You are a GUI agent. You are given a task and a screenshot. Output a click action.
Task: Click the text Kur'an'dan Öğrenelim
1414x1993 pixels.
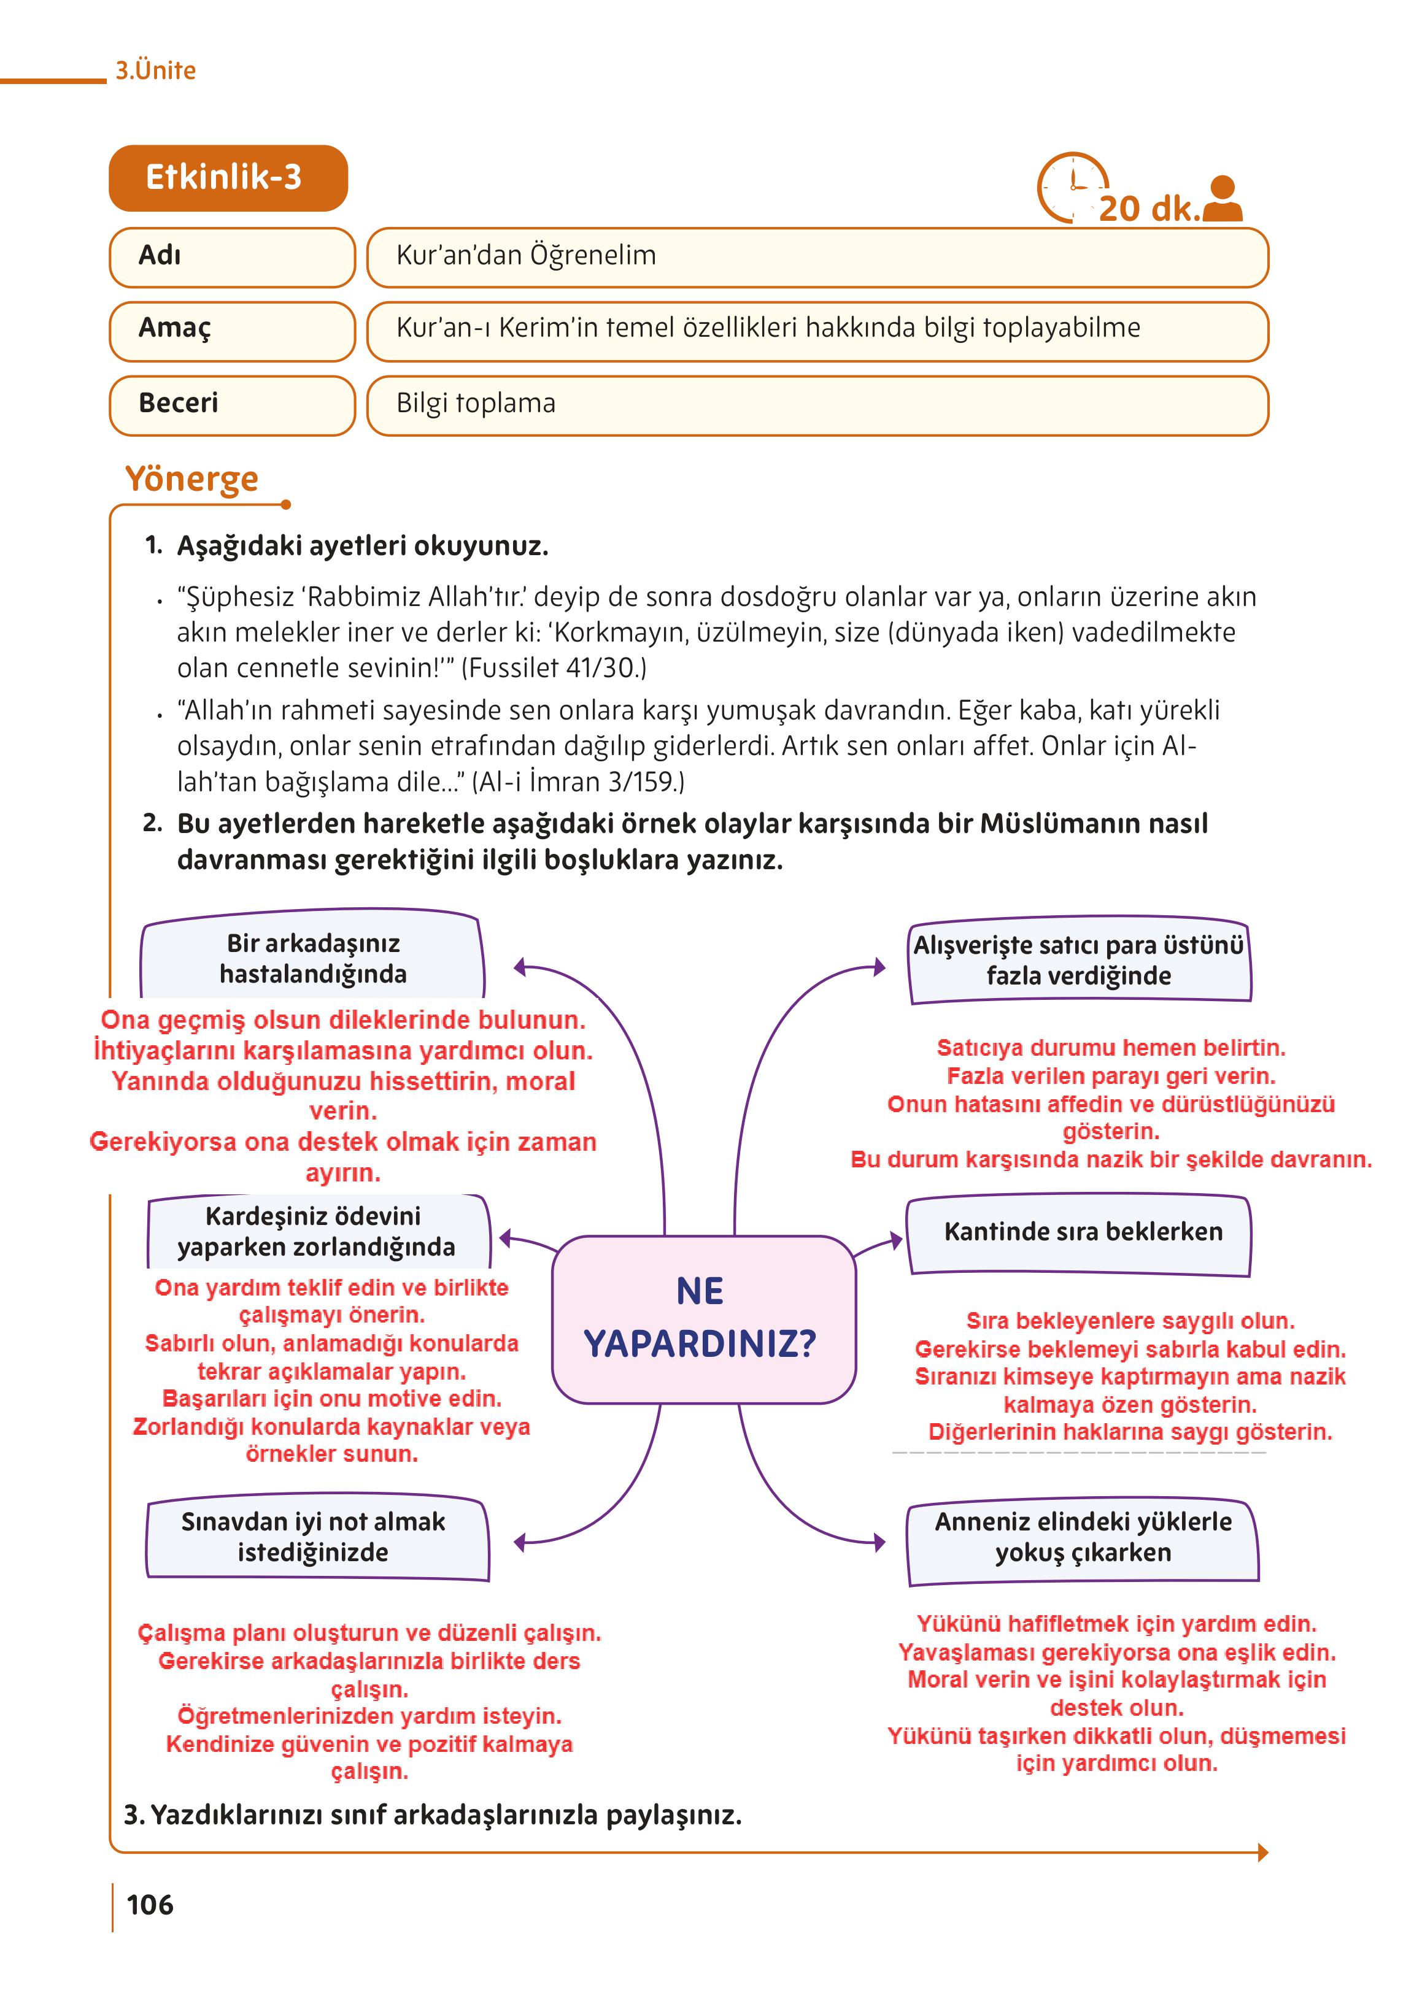pyautogui.click(x=526, y=256)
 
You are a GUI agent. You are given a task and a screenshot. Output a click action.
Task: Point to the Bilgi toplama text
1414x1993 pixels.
pyautogui.click(x=476, y=404)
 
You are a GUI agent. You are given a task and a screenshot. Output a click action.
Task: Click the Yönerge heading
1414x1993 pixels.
pyautogui.click(x=191, y=478)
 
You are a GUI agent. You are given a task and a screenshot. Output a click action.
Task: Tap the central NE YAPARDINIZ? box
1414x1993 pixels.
pyautogui.click(x=703, y=1318)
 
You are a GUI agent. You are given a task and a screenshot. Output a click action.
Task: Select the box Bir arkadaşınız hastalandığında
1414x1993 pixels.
pyautogui.click(x=312, y=958)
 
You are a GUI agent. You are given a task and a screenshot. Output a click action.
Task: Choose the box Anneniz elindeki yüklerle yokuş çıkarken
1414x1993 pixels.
pyautogui.click(x=1082, y=1538)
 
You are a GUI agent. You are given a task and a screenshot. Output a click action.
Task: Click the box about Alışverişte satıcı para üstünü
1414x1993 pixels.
pyautogui.click(x=1079, y=961)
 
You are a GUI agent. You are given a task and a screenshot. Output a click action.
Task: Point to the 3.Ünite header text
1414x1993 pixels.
pyautogui.click(x=156, y=71)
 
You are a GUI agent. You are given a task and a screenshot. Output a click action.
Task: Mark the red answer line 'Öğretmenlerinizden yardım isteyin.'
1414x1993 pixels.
pyautogui.click(x=369, y=1715)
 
